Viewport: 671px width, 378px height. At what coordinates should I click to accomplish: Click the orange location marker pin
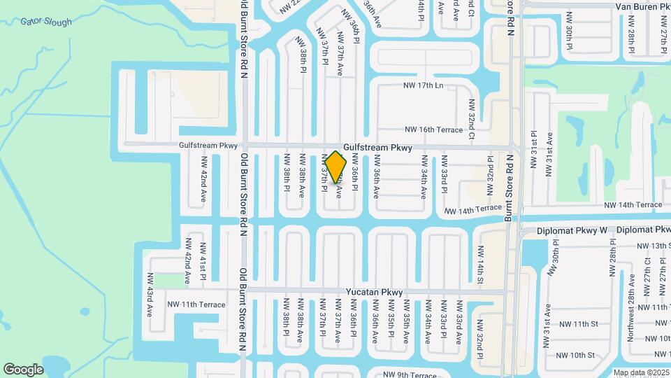[x=336, y=167]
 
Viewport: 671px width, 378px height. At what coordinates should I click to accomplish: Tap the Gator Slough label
[x=46, y=22]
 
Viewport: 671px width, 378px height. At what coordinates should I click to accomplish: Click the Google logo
[x=23, y=369]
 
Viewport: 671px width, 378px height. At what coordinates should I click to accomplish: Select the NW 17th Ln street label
[x=424, y=85]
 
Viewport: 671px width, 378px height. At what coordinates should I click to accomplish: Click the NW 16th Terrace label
[x=433, y=129]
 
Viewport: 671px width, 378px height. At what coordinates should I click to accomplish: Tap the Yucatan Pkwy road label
[x=374, y=292]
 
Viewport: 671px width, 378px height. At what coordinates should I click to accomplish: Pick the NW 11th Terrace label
[x=196, y=304]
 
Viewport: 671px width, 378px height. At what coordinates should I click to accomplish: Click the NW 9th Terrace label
[x=405, y=374]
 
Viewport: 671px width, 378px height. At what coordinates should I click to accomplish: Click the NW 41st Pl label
[x=202, y=262]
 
